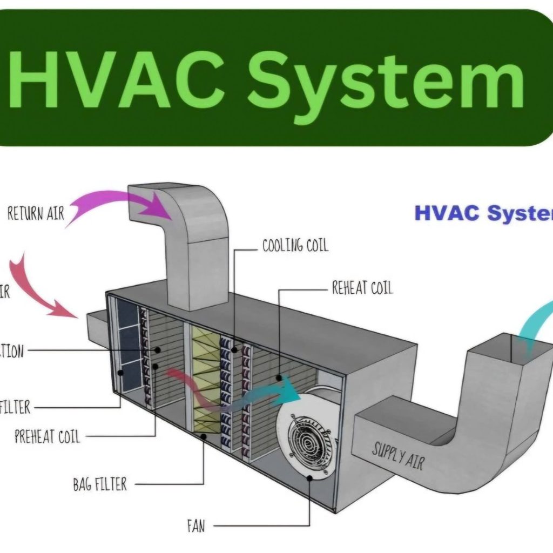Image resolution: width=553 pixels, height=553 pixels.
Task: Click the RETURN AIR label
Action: [x=36, y=213]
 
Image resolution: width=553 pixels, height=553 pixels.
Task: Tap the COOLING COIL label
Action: [x=295, y=246]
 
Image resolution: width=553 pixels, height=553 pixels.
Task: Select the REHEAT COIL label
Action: [x=362, y=288]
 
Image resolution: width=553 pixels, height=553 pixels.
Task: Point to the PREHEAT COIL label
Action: [x=47, y=436]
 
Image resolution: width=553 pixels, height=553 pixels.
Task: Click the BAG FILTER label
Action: [x=99, y=484]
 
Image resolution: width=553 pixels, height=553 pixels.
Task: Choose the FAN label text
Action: [x=195, y=525]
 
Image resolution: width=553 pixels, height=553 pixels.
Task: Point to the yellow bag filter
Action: [x=206, y=378]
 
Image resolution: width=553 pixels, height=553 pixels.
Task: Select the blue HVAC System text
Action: [x=483, y=213]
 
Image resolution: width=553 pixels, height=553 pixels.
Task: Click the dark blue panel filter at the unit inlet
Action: [x=128, y=346]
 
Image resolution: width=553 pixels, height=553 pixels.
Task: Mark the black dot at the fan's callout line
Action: [x=310, y=477]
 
